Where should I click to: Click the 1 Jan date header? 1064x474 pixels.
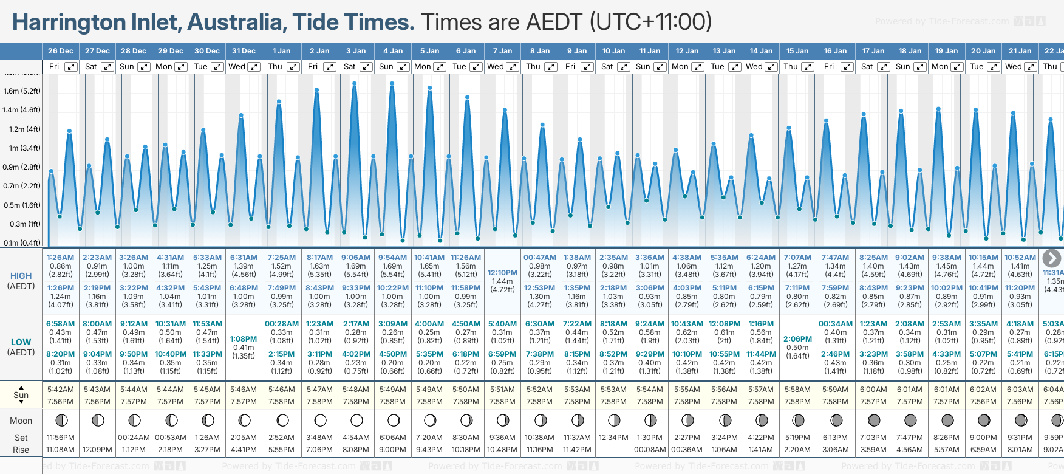pyautogui.click(x=281, y=51)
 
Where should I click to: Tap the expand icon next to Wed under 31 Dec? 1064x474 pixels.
pyautogui.click(x=254, y=67)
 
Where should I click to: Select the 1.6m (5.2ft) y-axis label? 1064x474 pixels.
pyautogui.click(x=22, y=91)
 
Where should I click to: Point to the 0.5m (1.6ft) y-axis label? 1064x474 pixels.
pyautogui.click(x=22, y=205)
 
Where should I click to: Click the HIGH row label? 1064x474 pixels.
pyautogui.click(x=21, y=276)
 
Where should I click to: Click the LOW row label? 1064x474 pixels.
pyautogui.click(x=21, y=342)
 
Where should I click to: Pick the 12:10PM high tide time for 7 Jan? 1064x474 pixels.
pyautogui.click(x=503, y=273)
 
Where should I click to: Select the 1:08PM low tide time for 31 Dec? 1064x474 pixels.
pyautogui.click(x=244, y=339)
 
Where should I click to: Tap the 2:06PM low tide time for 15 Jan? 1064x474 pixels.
pyautogui.click(x=797, y=339)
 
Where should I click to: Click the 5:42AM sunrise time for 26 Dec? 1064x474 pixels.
pyautogui.click(x=61, y=390)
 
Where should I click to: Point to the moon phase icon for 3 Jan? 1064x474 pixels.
pyautogui.click(x=356, y=420)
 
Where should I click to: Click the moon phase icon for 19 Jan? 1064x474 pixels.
pyautogui.click(x=947, y=420)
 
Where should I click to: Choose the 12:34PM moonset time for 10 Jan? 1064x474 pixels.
pyautogui.click(x=613, y=438)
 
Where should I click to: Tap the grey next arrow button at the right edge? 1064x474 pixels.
pyautogui.click(x=1051, y=258)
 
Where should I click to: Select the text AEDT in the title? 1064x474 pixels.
pyautogui.click(x=553, y=22)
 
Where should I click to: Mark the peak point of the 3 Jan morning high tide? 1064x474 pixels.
pyautogui.click(x=354, y=83)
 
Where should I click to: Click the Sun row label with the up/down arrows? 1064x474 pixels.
pyautogui.click(x=21, y=395)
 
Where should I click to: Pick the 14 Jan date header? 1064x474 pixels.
pyautogui.click(x=761, y=51)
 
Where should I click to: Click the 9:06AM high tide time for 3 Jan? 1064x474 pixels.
pyautogui.click(x=356, y=258)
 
